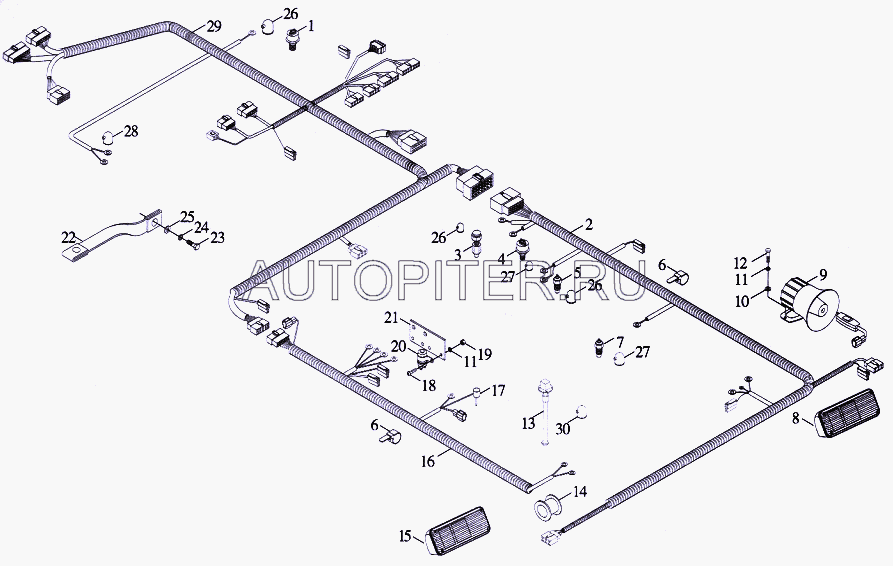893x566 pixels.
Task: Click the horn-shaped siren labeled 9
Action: [808, 302]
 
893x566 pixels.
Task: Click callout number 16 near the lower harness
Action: [428, 461]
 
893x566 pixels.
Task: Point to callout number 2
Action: [588, 224]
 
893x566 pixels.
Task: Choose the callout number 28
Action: [131, 132]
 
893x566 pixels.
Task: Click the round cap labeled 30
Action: [581, 412]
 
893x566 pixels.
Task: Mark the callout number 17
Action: [498, 391]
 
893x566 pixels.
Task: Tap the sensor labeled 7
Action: [600, 348]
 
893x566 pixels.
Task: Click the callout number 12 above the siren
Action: [740, 264]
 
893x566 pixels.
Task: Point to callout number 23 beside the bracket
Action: [218, 237]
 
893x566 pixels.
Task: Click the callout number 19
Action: [485, 354]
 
